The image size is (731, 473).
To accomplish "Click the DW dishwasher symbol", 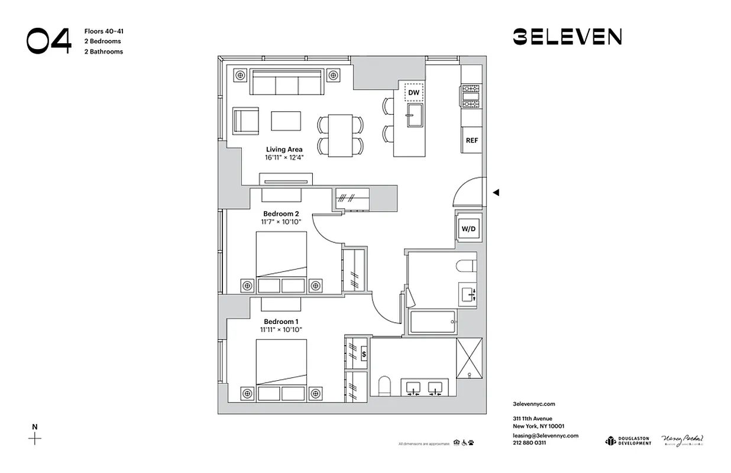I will tap(414, 93).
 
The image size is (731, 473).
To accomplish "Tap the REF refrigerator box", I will tap(471, 141).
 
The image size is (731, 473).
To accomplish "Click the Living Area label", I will tap(284, 150).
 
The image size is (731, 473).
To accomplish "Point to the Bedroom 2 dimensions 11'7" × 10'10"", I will tap(281, 222).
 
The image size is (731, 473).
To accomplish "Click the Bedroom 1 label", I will tap(281, 322).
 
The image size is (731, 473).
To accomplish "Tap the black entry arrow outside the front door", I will tap(496, 192).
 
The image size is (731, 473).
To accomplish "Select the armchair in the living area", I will tap(245, 121).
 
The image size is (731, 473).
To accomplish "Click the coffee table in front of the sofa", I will tap(286, 121).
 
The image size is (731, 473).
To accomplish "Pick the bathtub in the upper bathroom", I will tap(433, 322).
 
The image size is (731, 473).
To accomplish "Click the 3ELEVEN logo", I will tap(567, 37).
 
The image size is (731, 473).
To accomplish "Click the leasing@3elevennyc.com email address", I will tap(545, 435).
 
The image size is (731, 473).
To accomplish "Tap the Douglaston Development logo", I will tap(628, 440).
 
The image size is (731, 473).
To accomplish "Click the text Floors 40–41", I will tap(104, 31).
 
